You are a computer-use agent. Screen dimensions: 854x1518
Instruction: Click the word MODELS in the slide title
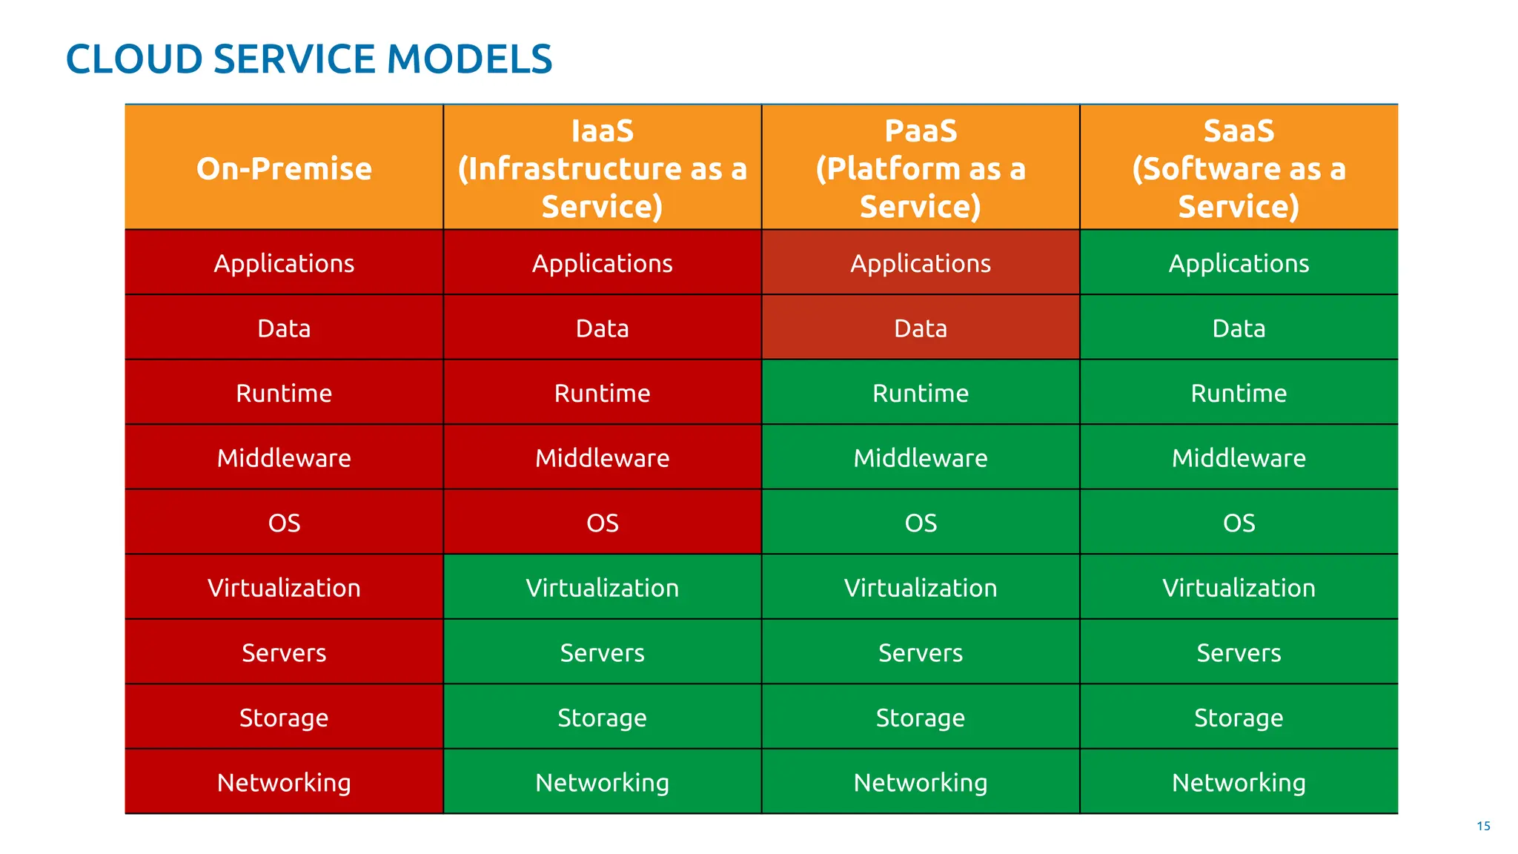click(x=469, y=59)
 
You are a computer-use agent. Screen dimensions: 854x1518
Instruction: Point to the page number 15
click(x=1483, y=826)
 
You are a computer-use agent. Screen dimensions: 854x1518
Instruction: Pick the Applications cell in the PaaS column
click(x=920, y=263)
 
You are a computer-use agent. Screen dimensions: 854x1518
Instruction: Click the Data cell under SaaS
click(x=1239, y=328)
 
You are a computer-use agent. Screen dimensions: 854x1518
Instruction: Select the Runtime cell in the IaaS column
click(x=602, y=393)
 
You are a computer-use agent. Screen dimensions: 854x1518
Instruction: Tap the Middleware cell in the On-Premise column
click(x=284, y=458)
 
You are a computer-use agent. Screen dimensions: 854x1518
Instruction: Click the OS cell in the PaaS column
click(x=920, y=523)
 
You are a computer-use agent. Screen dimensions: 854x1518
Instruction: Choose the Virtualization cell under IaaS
click(x=602, y=588)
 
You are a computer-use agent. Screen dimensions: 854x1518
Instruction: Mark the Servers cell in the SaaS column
click(x=1239, y=652)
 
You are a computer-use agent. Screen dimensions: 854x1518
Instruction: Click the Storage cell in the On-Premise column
click(x=284, y=718)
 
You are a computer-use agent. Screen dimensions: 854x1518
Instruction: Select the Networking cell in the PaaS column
click(x=920, y=782)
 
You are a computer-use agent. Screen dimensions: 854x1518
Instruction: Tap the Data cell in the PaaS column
click(x=920, y=328)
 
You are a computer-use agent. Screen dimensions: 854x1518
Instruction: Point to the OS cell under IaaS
click(x=602, y=523)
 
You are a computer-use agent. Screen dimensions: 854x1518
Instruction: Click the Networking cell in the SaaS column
click(x=1239, y=782)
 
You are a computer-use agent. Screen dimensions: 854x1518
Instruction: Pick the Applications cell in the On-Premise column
click(x=284, y=263)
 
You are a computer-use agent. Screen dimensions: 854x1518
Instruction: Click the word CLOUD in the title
click(x=134, y=59)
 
